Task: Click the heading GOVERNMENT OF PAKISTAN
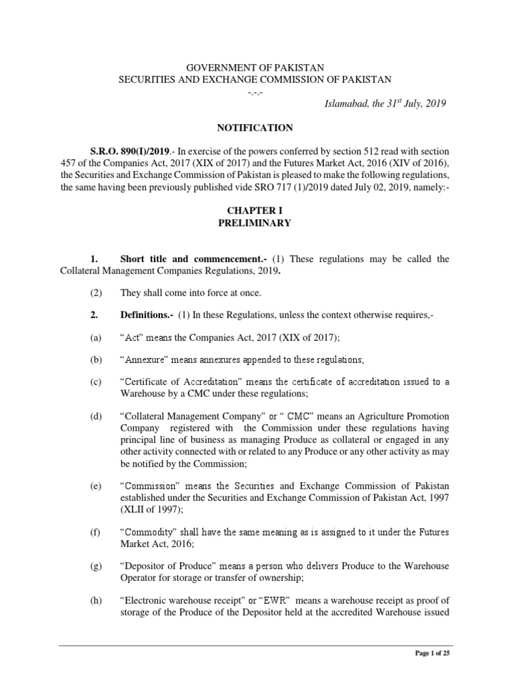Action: [x=255, y=67]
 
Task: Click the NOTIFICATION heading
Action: [x=255, y=127]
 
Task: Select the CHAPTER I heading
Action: [x=255, y=211]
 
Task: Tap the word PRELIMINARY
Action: [x=255, y=223]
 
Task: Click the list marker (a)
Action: [x=96, y=338]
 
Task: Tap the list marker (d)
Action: [x=96, y=416]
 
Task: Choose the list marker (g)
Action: [x=96, y=566]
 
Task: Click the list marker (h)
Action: [x=96, y=600]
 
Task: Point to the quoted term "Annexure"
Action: [x=145, y=360]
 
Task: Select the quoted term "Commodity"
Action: [x=147, y=532]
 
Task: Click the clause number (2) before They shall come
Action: [x=96, y=292]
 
